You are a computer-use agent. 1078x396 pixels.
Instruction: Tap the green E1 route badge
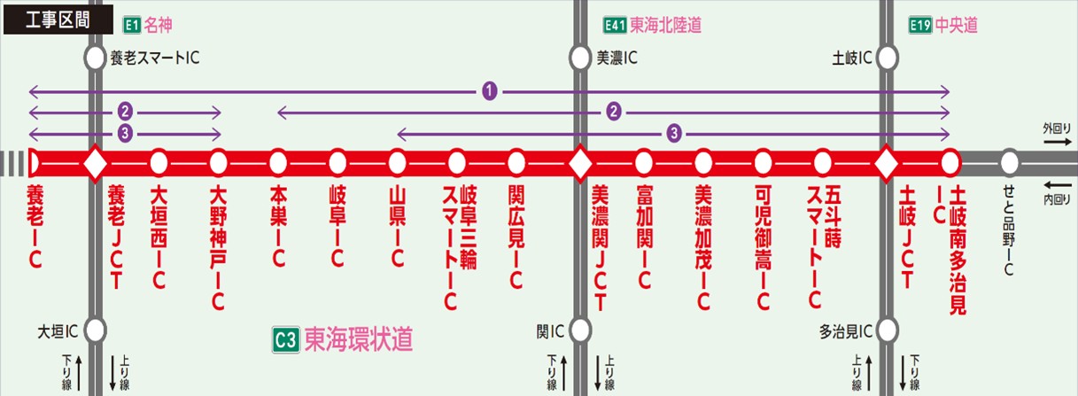132,26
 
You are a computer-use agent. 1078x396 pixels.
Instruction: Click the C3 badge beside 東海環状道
284,338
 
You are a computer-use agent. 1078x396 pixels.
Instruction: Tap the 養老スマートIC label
155,58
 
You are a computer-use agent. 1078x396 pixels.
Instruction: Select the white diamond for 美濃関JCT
579,163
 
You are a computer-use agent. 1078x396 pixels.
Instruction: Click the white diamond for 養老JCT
95,163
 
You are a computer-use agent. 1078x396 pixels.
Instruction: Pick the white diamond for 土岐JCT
887,163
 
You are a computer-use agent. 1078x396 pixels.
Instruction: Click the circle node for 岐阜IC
337,163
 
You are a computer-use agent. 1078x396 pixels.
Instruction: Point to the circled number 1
489,90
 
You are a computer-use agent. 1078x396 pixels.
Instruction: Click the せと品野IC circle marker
1009,163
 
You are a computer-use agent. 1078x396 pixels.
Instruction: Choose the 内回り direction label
1057,199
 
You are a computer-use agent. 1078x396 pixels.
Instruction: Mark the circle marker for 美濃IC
579,58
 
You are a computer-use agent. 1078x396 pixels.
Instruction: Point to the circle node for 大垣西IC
159,163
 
